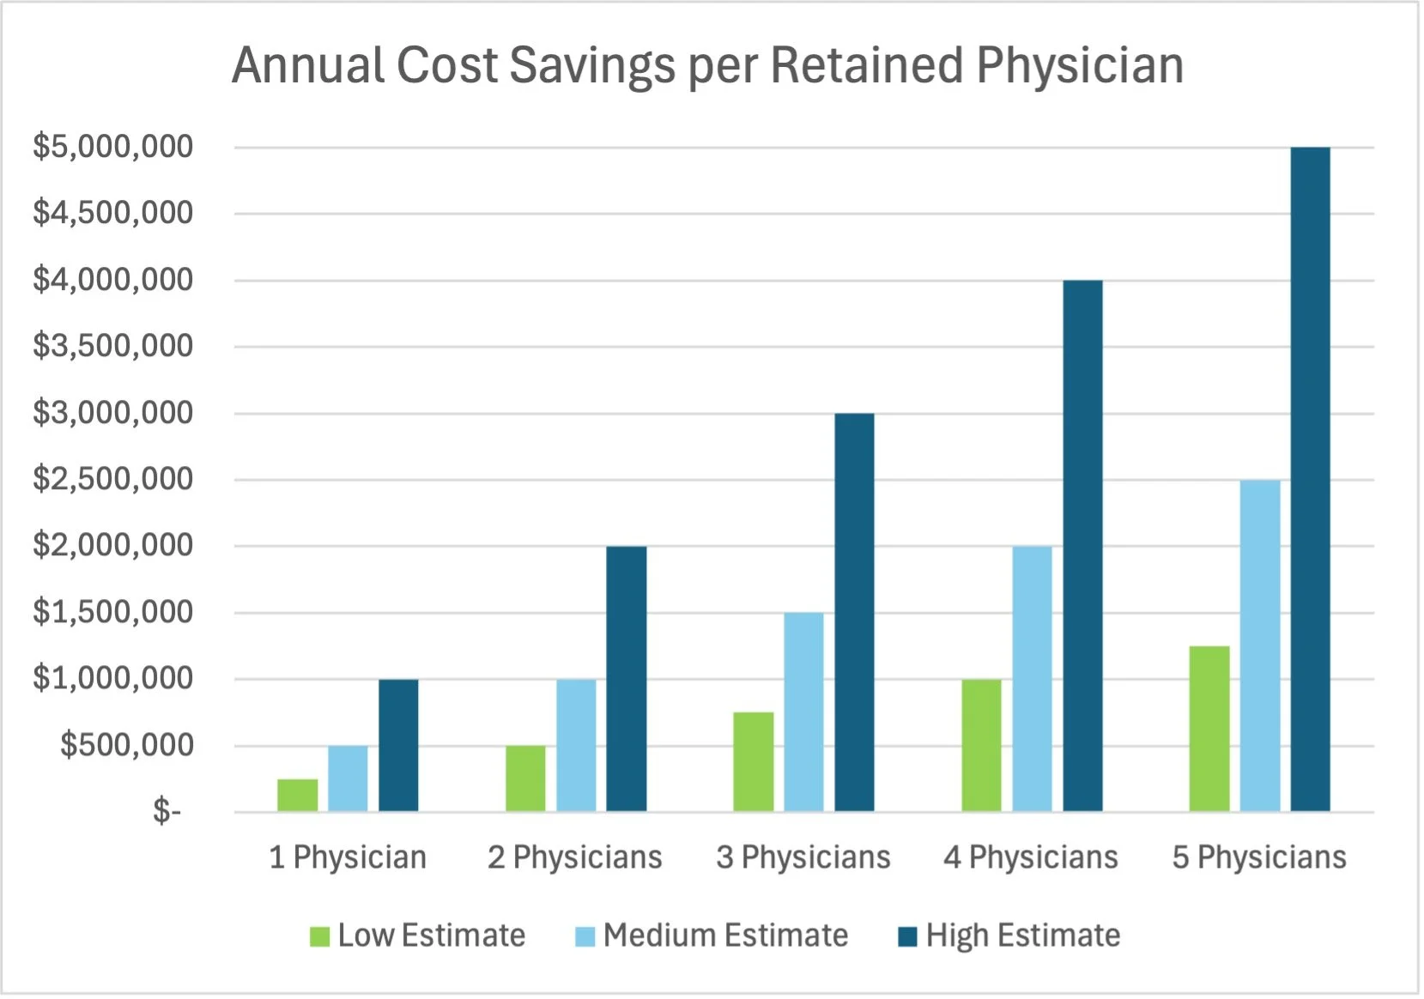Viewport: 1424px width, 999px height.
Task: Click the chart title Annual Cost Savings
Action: [707, 65]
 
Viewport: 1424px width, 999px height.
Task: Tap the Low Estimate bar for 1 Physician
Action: [297, 795]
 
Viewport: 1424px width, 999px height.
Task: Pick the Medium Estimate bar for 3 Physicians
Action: [803, 711]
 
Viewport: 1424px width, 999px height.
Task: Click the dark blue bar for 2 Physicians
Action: [626, 678]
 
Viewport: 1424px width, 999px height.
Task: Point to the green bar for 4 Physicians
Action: [981, 745]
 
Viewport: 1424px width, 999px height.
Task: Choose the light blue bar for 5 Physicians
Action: [1259, 645]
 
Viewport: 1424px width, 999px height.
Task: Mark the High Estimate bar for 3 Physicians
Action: [854, 612]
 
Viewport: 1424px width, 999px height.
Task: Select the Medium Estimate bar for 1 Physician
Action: [348, 778]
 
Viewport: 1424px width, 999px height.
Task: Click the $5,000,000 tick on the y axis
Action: [112, 147]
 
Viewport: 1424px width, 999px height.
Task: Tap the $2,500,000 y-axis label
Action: [112, 479]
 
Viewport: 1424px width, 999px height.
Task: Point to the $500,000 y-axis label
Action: [126, 745]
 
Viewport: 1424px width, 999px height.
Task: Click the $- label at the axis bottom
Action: [167, 811]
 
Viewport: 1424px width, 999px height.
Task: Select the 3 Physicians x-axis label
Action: [803, 857]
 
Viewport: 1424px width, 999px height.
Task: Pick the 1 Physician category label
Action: [348, 857]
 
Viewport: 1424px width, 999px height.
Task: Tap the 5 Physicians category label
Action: [1259, 857]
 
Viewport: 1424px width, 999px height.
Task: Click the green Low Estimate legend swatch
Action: [319, 936]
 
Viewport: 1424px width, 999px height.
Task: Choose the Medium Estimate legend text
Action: [725, 935]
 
